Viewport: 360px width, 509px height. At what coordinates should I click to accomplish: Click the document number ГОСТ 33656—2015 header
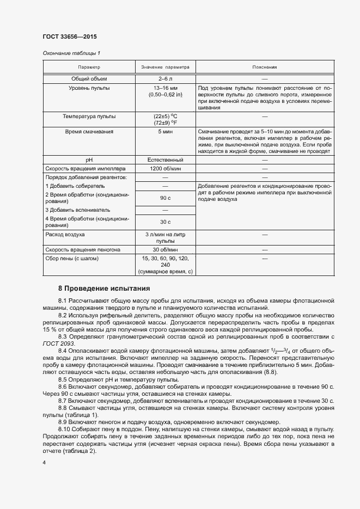70,37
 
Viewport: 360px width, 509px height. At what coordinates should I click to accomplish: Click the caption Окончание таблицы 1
71,53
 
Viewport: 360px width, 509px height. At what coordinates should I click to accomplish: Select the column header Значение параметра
165,68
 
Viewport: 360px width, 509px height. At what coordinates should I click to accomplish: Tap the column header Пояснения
265,68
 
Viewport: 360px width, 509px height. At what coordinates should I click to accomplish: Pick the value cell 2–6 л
165,79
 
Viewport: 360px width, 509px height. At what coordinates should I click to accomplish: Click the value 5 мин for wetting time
165,132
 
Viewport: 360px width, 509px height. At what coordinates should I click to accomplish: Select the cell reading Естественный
165,160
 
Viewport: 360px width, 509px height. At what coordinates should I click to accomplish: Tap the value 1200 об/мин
165,169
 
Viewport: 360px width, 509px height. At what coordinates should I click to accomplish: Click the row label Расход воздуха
65,234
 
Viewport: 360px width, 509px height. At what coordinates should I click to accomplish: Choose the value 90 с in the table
165,198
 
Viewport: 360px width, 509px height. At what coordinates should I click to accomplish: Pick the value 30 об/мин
165,249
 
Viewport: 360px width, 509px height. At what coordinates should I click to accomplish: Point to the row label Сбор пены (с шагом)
72,258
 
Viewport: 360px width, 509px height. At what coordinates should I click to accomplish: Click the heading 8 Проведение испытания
104,288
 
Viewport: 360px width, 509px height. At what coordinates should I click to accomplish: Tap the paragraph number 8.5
62,379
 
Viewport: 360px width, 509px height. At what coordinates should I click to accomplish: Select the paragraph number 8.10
64,429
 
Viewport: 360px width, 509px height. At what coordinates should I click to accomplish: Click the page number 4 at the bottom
44,462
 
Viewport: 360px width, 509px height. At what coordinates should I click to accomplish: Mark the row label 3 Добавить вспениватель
78,210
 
